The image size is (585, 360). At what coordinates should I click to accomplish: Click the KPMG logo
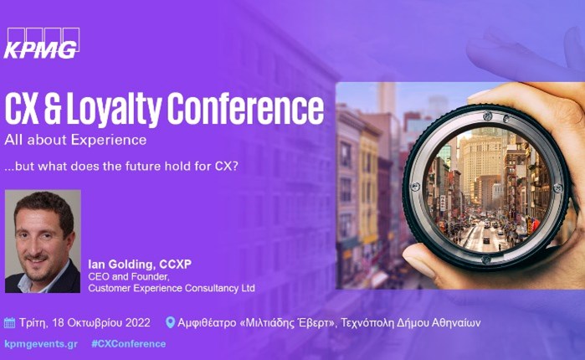point(42,44)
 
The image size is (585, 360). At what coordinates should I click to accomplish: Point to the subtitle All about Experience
point(75,140)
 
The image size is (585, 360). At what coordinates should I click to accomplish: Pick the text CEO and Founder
point(126,277)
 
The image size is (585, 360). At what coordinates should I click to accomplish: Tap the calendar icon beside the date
point(10,322)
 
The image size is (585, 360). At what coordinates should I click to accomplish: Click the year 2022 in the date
point(136,322)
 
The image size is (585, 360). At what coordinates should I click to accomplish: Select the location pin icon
point(170,322)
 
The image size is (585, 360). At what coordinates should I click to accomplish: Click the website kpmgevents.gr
point(40,344)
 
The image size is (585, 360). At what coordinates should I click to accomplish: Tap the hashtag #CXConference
point(128,344)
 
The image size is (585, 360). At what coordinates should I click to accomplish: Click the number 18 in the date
point(58,322)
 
